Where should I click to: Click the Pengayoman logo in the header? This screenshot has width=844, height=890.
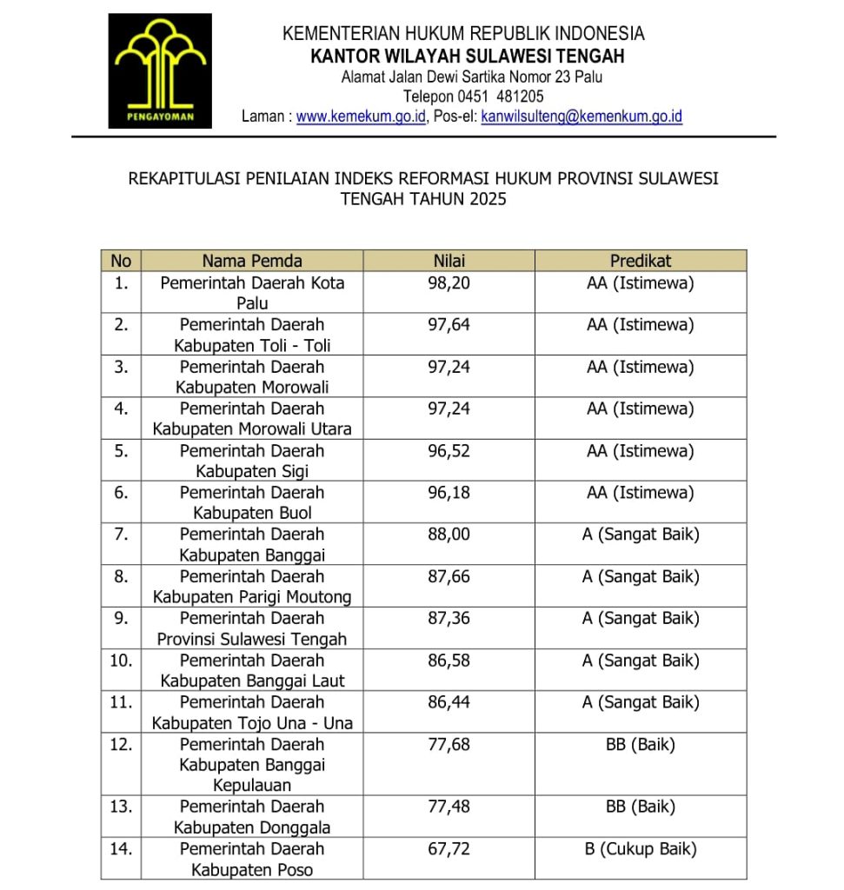pos(160,70)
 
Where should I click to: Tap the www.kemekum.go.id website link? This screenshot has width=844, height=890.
pos(361,116)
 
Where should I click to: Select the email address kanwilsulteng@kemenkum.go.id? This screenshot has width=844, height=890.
pos(581,116)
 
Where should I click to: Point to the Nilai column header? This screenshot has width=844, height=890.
pos(449,261)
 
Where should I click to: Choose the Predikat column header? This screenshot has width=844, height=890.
pos(641,261)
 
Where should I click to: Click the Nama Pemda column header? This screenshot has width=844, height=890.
pos(252,261)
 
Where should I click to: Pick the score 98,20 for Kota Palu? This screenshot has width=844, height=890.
pos(449,283)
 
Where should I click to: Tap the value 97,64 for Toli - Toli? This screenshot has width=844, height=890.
pos(449,325)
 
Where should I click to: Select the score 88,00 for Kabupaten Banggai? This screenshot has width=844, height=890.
pos(449,535)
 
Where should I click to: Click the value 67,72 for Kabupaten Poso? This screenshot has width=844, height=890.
pos(449,848)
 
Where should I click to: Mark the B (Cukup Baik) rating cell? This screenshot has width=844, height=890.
pos(641,848)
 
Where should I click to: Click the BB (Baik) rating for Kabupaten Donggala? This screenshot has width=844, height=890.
pos(641,807)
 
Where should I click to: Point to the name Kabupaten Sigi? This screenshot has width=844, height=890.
pos(252,471)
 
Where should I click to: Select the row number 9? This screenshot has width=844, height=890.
pos(121,618)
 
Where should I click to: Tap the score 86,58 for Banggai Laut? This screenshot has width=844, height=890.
pos(449,661)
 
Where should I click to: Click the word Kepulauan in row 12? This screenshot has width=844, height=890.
pos(252,786)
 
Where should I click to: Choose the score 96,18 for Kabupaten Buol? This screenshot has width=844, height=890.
pos(449,493)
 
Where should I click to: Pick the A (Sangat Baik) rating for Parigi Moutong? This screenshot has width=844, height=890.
pos(641,576)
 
